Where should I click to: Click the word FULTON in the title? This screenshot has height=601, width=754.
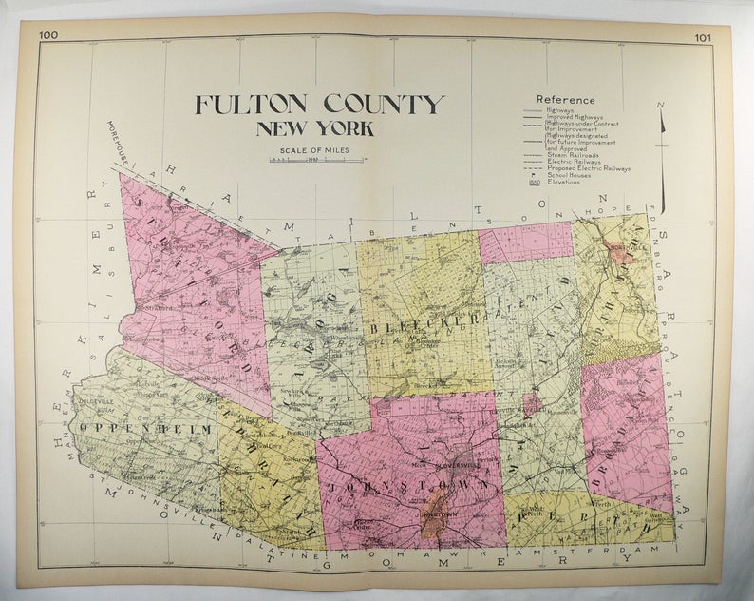[254, 105]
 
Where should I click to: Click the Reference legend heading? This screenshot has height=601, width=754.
[565, 99]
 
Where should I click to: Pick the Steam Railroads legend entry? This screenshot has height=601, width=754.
[570, 156]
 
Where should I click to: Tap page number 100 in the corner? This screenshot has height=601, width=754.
[48, 37]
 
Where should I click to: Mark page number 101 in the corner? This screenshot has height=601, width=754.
[702, 38]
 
